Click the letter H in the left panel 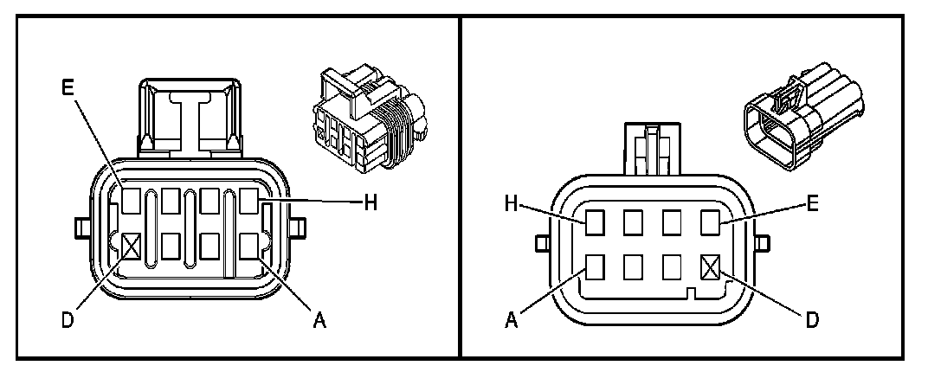(x=370, y=202)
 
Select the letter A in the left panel (x=319, y=321)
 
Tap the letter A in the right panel (x=512, y=321)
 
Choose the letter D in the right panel (x=811, y=321)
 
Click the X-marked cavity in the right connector (x=711, y=266)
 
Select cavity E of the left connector (x=132, y=202)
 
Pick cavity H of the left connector (x=251, y=202)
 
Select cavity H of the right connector (x=594, y=222)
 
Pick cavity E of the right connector (x=711, y=222)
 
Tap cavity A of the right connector (x=594, y=266)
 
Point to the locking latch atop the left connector (x=191, y=117)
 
